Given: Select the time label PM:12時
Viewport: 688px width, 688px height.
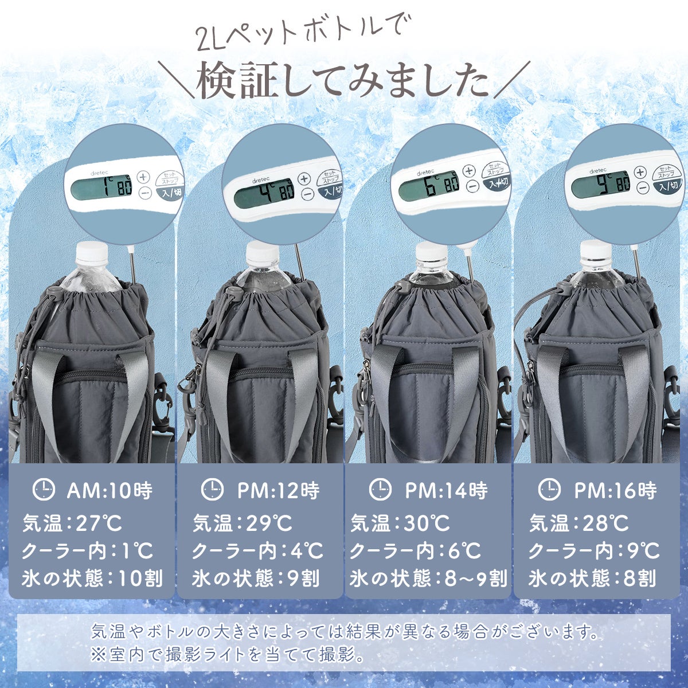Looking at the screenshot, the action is point(279,490).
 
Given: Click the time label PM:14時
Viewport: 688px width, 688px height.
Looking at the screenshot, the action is point(446,490).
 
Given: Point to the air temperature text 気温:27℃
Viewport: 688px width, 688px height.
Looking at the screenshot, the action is point(72,523).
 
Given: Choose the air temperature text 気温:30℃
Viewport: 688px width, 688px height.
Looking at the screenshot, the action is point(400,523).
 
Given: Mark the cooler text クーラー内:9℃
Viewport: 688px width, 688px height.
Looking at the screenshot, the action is point(594,551).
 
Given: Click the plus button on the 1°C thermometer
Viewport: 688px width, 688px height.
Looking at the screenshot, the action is point(143,177).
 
